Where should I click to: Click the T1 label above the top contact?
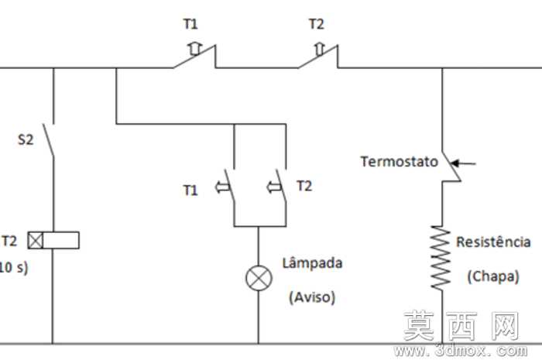[x=190, y=24]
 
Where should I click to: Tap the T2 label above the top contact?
[x=316, y=24]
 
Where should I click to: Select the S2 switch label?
[x=26, y=139]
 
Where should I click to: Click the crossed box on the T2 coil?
[x=36, y=241]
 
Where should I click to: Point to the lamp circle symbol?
[x=259, y=278]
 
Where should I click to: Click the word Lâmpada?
[x=313, y=263]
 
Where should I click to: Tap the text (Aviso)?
[x=312, y=297]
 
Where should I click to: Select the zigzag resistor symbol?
[x=441, y=258]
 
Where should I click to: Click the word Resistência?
[x=493, y=242]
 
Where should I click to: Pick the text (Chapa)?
[x=493, y=276]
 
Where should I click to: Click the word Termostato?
[x=400, y=162]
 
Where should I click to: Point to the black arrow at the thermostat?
[x=463, y=163]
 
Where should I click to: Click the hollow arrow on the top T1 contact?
[x=195, y=49]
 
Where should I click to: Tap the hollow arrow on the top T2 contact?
[x=320, y=49]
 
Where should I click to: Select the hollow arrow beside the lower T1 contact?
[x=223, y=187]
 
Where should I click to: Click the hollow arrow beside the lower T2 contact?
[x=274, y=187]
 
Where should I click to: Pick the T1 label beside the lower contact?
[x=190, y=190]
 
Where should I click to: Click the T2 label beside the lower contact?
[x=304, y=187]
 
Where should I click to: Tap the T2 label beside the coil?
[x=9, y=241]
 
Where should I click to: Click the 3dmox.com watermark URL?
[x=461, y=351]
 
